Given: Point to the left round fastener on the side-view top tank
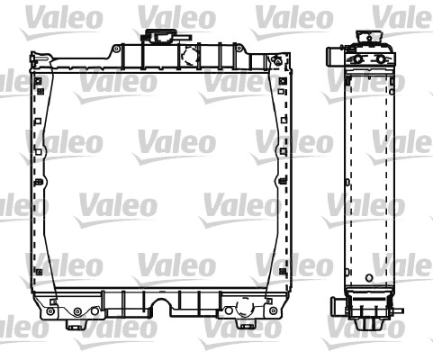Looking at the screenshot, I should point(353,59).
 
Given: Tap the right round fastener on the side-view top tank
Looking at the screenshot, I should point(379,59).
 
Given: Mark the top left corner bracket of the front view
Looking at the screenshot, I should point(36,61).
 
